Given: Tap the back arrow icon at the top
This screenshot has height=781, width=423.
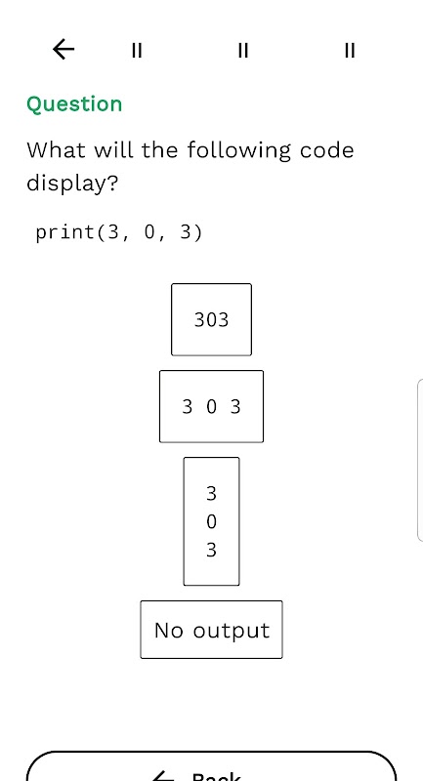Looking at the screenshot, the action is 63,50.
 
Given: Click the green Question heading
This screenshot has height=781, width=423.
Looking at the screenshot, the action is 74,104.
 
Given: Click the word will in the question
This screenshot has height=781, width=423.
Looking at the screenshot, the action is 113,150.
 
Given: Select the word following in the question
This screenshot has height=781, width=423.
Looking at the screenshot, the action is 238,151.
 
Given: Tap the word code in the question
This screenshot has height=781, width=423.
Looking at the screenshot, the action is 327,150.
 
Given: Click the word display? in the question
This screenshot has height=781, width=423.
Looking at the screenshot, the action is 72,184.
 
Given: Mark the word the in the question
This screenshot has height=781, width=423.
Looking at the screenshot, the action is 159,150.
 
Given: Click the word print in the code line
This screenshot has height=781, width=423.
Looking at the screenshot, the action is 65,232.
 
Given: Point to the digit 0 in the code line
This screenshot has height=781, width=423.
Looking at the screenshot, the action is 148,232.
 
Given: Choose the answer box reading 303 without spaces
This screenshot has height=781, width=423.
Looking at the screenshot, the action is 211,319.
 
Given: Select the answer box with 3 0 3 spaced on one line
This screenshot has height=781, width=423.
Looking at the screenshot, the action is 211,406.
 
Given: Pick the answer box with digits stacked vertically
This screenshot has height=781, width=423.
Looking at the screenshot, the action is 211,521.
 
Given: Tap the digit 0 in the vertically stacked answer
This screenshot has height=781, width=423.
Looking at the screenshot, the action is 211,522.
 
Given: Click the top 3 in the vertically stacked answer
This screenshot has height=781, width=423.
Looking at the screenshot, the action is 211,494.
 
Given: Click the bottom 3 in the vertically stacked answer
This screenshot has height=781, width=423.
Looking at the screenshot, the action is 211,551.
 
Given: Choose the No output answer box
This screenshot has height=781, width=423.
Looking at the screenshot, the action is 211,630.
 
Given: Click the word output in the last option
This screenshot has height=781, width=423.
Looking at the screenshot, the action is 232,631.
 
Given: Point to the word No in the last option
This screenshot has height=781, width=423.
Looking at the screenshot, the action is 169,630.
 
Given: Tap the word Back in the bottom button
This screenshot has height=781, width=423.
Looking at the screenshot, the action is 216,777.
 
